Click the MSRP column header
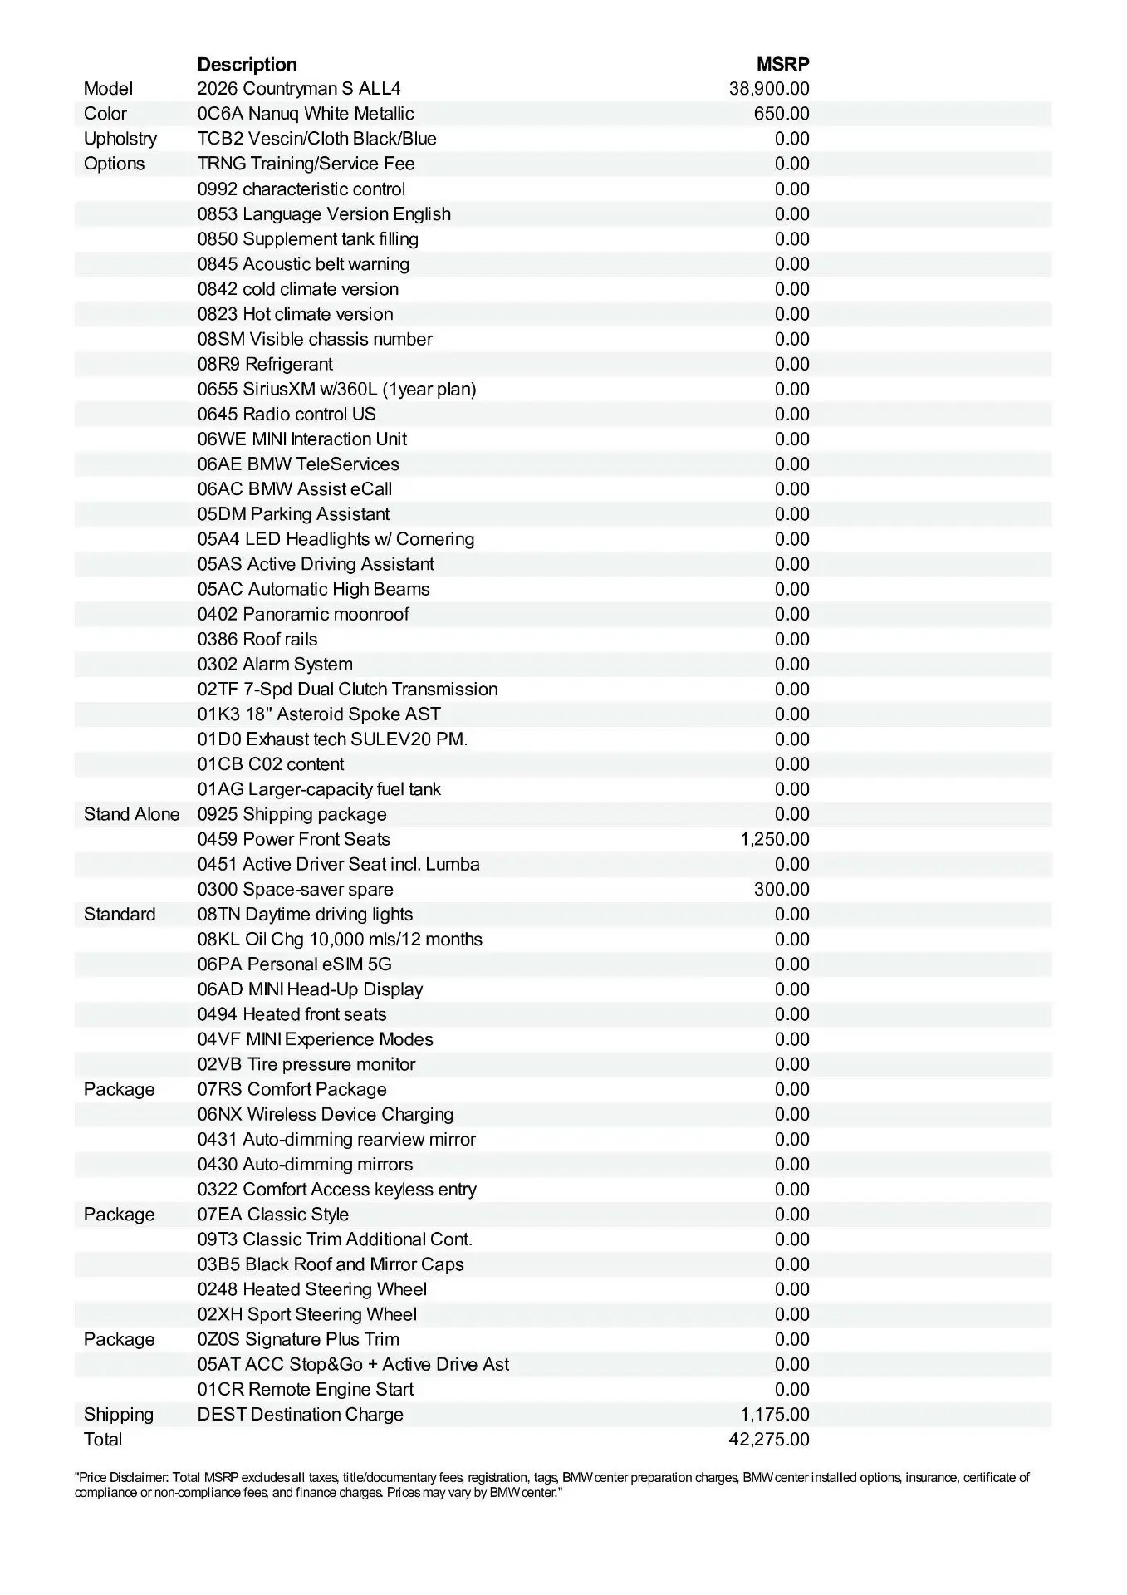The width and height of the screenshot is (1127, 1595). point(782,64)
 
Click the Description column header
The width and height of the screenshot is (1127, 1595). point(247,64)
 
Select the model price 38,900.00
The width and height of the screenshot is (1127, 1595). point(769,89)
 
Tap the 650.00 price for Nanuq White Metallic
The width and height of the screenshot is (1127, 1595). point(782,114)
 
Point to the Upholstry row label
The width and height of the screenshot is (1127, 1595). point(120,139)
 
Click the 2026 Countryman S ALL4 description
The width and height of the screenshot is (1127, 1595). point(299,89)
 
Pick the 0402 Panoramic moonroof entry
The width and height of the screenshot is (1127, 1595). point(303,614)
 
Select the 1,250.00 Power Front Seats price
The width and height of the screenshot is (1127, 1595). point(774,839)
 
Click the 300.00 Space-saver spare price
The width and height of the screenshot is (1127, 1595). point(782,889)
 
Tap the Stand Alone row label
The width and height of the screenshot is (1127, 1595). point(131,814)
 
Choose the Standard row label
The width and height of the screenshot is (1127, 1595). point(120,914)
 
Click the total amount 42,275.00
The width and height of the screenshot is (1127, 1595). point(769,1440)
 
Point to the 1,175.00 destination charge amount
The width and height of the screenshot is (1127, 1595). point(774,1415)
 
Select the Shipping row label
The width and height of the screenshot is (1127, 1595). point(119,1415)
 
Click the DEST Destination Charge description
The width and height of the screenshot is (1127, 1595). point(300,1415)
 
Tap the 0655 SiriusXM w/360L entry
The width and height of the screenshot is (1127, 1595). point(336,389)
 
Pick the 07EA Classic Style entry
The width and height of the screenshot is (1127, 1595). point(273,1215)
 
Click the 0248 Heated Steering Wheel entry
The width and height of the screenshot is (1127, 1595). point(312,1289)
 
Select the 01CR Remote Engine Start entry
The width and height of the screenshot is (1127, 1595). point(306,1390)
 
